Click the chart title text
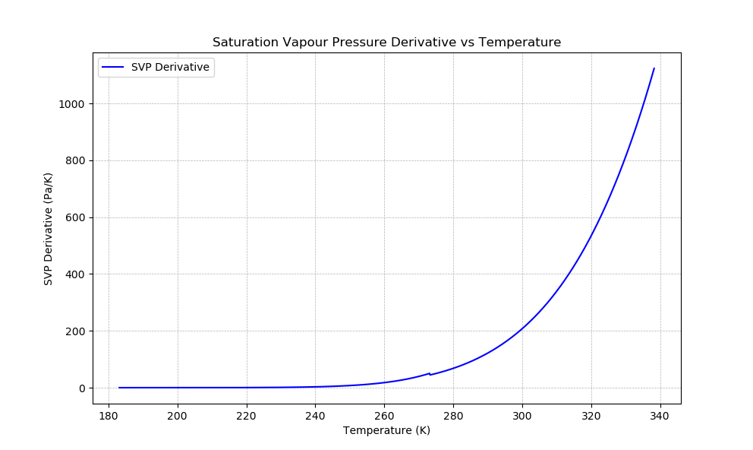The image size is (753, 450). [386, 43]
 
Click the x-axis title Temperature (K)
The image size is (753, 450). [386, 430]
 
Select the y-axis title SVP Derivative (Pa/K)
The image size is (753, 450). [49, 228]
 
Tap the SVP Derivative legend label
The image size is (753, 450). [170, 67]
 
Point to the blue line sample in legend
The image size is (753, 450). [112, 67]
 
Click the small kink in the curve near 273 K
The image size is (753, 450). [430, 374]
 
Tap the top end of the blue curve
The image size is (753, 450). [654, 68]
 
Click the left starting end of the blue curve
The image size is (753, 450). [119, 388]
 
